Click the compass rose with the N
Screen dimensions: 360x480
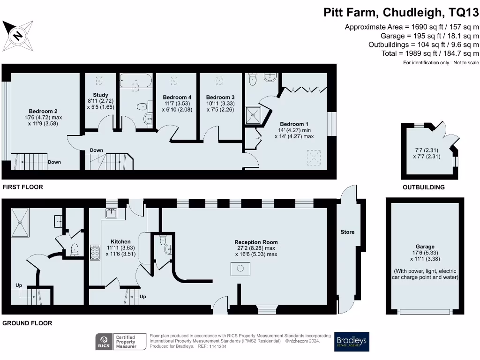tap(18, 36)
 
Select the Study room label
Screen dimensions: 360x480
tap(101, 95)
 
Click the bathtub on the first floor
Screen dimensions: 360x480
tap(135, 81)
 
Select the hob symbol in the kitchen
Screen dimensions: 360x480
tap(95, 253)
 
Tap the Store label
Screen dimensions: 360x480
tap(347, 232)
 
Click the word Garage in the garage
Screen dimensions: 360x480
tap(425, 247)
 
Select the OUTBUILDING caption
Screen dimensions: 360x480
tap(424, 187)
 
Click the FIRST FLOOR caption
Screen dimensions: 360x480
tap(23, 187)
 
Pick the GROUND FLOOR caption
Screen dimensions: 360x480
tap(27, 323)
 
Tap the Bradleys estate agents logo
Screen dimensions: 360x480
tap(351, 342)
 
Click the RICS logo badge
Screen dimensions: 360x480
tap(104, 342)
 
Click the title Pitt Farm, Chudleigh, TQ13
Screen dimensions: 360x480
tap(401, 13)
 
